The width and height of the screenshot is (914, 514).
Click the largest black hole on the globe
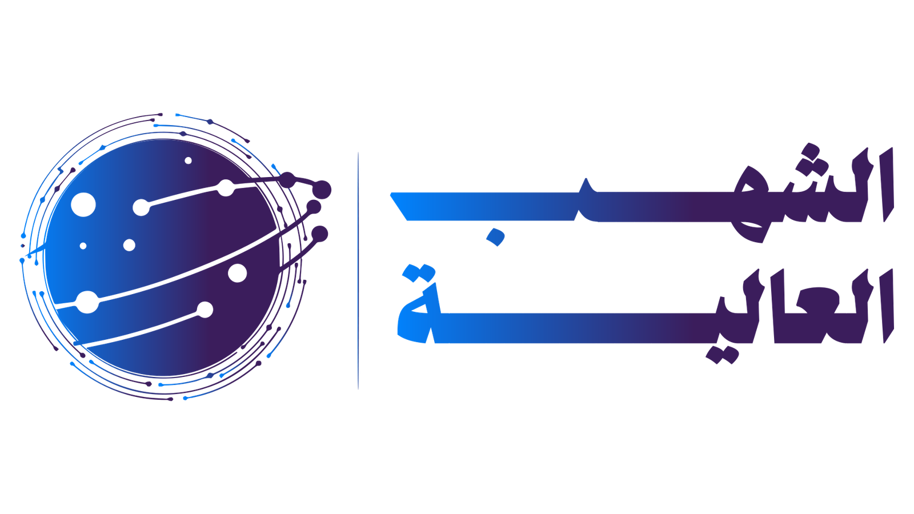coord(83,204)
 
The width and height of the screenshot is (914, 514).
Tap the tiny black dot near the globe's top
coord(188,160)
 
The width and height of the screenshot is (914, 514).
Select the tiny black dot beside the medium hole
coord(83,246)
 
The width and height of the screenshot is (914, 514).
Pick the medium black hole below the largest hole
coord(129,245)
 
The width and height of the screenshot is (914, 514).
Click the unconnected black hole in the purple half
coord(237,273)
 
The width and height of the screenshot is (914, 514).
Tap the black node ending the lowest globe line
coord(205,310)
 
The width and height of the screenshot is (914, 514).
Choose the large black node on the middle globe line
coord(87,302)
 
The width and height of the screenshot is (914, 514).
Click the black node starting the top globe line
coord(141,207)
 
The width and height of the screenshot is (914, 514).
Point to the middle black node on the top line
coord(226,187)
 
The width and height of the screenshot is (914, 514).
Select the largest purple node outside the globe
coord(322,189)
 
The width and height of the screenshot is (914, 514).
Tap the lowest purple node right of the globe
coord(320,234)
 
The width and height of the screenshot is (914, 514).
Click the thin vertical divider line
coord(358,271)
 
